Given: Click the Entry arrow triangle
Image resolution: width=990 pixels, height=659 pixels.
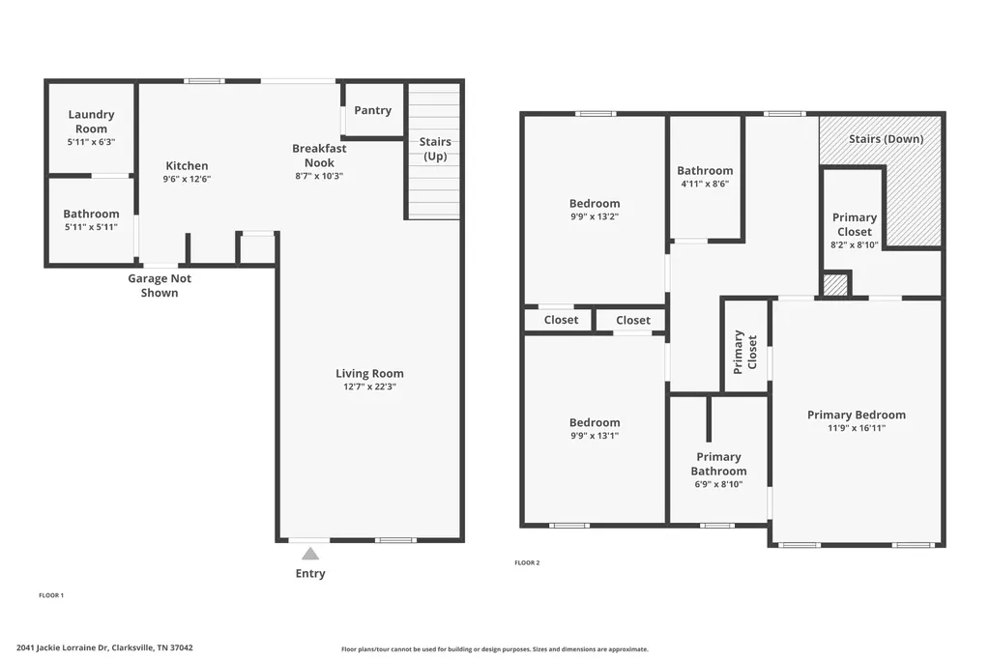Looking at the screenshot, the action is (x=310, y=554).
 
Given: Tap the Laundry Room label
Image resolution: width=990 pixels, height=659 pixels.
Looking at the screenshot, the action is (x=92, y=121).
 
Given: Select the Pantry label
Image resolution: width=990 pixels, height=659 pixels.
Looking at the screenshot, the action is (x=372, y=110).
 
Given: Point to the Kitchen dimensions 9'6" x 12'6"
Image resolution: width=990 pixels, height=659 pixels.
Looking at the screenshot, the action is (x=187, y=179).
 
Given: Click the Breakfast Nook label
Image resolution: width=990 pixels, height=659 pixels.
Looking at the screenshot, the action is (x=319, y=156).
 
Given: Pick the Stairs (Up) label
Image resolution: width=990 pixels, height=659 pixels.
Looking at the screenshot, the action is (x=435, y=149).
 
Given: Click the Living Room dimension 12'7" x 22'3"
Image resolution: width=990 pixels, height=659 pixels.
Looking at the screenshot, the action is (x=369, y=387).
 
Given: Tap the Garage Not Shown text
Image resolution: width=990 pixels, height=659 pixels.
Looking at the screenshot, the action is (x=160, y=285).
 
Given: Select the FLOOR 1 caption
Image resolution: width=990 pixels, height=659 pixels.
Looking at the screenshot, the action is (x=51, y=595).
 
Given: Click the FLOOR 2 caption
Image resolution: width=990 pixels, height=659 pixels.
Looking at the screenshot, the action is (x=527, y=562).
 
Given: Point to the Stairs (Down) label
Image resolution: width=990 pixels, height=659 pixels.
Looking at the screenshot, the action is (x=886, y=139).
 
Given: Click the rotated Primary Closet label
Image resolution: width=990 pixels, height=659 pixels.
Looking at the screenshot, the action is (x=745, y=353).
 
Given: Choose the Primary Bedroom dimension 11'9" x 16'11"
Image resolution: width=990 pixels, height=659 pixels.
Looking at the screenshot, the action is (x=857, y=428).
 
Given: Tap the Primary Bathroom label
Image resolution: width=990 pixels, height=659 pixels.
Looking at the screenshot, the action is (x=718, y=464).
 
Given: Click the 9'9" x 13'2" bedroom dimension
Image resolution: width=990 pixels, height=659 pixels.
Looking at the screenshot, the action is (x=595, y=216).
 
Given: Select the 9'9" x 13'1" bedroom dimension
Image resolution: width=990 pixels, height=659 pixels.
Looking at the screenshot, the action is (x=595, y=436).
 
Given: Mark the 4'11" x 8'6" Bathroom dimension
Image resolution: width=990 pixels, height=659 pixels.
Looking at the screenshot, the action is (x=705, y=184).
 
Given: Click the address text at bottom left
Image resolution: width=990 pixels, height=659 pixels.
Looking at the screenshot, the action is (x=104, y=647).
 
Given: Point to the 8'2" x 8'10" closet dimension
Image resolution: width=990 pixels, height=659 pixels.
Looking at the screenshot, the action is (x=855, y=244).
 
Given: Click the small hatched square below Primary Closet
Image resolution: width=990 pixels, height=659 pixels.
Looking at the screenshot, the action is (x=835, y=285).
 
